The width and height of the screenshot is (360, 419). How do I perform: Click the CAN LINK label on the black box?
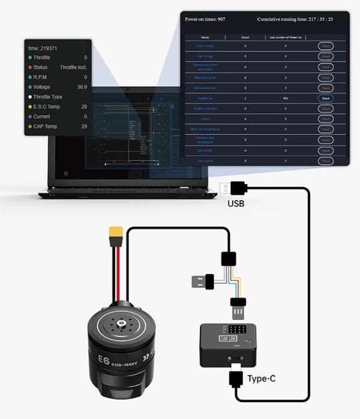(228, 338)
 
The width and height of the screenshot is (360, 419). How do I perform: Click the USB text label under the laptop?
(236, 203)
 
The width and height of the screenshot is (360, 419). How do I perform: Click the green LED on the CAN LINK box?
(248, 341)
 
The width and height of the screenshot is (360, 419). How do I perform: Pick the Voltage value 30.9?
(82, 87)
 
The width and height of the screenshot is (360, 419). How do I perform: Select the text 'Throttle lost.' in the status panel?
(73, 67)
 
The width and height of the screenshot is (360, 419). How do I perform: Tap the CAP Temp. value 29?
(84, 126)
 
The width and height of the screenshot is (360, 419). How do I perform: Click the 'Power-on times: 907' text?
(206, 20)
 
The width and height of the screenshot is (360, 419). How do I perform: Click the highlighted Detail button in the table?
(326, 98)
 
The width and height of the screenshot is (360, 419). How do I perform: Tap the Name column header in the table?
(205, 37)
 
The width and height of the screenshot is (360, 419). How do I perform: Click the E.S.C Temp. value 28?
(84, 107)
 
